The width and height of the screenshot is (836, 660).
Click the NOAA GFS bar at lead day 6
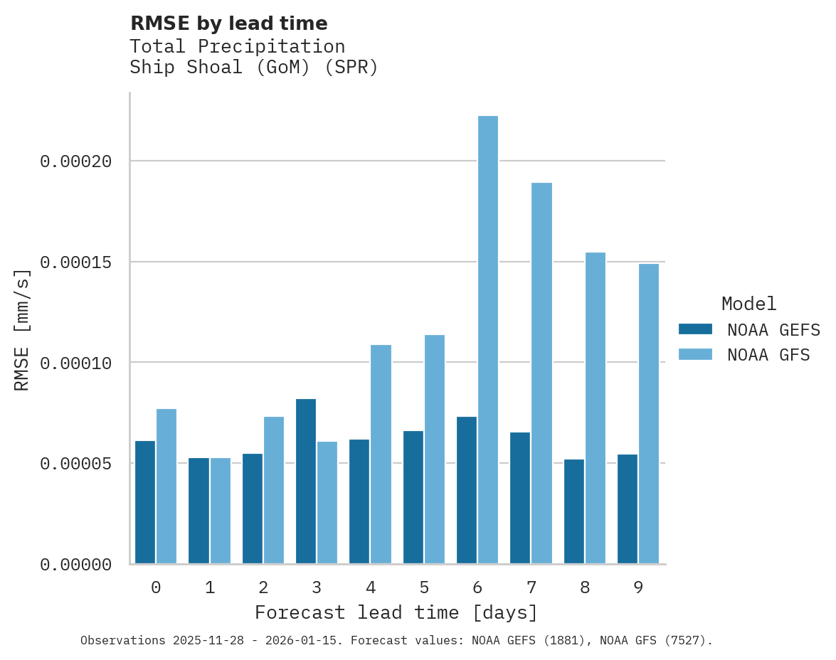pyautogui.click(x=488, y=340)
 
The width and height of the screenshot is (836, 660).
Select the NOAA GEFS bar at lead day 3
pyautogui.click(x=306, y=481)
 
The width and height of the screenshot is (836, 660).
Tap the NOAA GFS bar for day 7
pyautogui.click(x=541, y=373)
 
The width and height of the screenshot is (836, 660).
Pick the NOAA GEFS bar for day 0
pyautogui.click(x=145, y=502)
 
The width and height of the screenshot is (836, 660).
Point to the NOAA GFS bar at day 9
pyautogui.click(x=649, y=414)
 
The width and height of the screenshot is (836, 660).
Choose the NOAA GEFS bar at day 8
pyautogui.click(x=574, y=511)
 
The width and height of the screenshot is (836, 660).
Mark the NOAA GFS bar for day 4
pyautogui.click(x=381, y=454)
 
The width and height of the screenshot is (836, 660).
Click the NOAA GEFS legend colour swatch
pyautogui.click(x=695, y=329)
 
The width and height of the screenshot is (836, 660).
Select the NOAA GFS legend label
pyautogui.click(x=768, y=354)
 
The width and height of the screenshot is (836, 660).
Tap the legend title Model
pyautogui.click(x=748, y=304)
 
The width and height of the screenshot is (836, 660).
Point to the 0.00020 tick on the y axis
pyautogui.click(x=76, y=161)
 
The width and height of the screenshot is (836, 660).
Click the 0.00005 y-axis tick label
pyautogui.click(x=76, y=464)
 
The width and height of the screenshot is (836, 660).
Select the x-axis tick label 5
pyautogui.click(x=424, y=587)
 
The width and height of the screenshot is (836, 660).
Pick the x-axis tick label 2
pyautogui.click(x=263, y=587)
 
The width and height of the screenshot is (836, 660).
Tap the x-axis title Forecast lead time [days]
pyautogui.click(x=396, y=612)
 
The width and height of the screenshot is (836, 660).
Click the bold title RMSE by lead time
pyautogui.click(x=228, y=23)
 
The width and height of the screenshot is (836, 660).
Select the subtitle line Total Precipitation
pyautogui.click(x=237, y=46)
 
